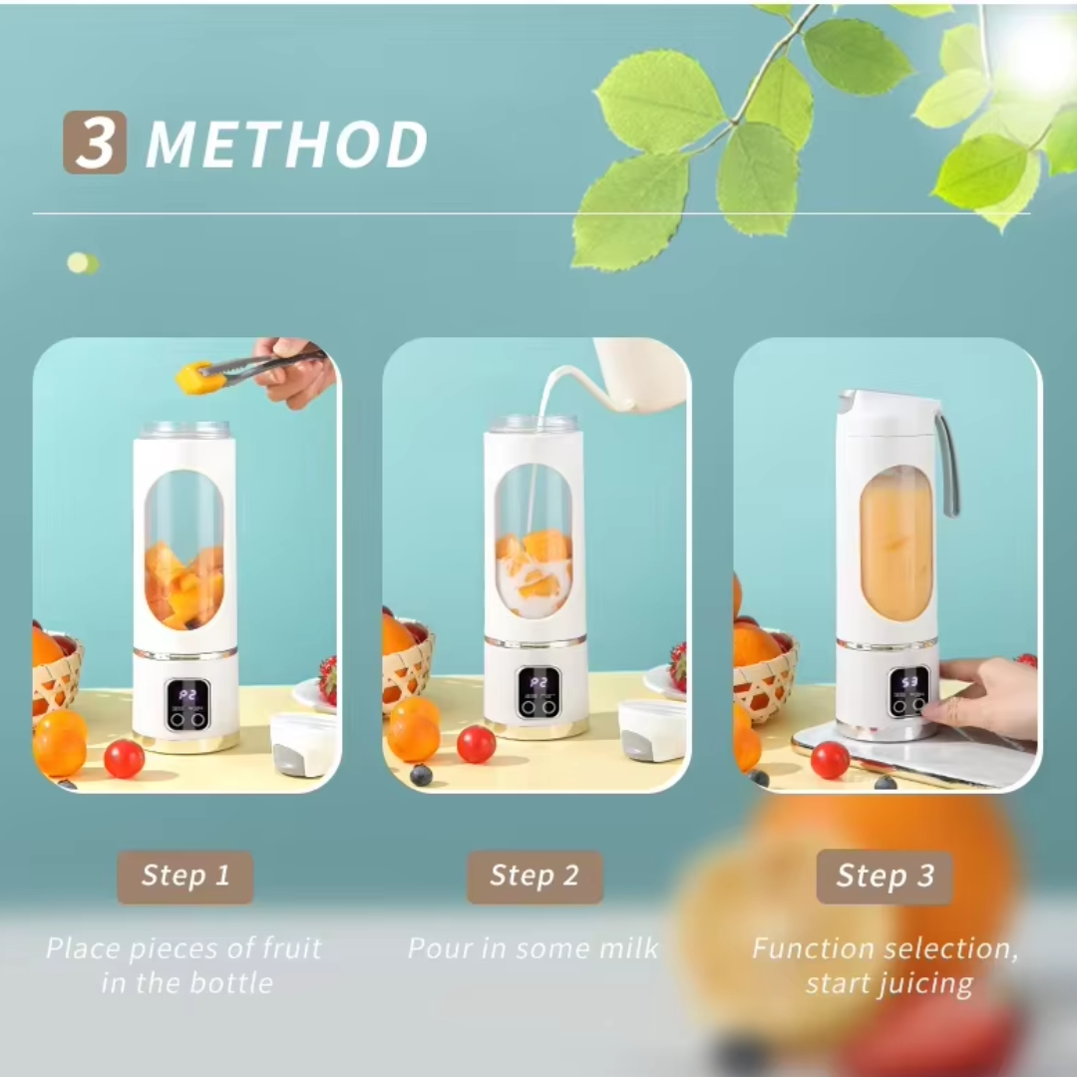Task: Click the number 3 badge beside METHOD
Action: pyautogui.click(x=95, y=143)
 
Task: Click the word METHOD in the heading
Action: pyautogui.click(x=287, y=145)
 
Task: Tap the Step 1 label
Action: pyautogui.click(x=184, y=877)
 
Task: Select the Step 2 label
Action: pyautogui.click(x=535, y=877)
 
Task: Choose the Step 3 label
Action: pyautogui.click(x=885, y=877)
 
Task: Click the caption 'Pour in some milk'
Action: pyautogui.click(x=534, y=947)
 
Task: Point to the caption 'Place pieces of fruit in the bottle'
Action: pyautogui.click(x=184, y=965)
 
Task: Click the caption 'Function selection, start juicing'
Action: pyautogui.click(x=886, y=965)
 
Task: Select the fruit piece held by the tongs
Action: pyautogui.click(x=197, y=377)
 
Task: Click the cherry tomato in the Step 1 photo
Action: pyautogui.click(x=125, y=759)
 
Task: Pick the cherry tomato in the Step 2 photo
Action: pyautogui.click(x=476, y=744)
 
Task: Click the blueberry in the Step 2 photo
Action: pyautogui.click(x=421, y=775)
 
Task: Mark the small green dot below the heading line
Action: pyautogui.click(x=80, y=263)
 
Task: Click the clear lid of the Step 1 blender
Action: pyautogui.click(x=185, y=430)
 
